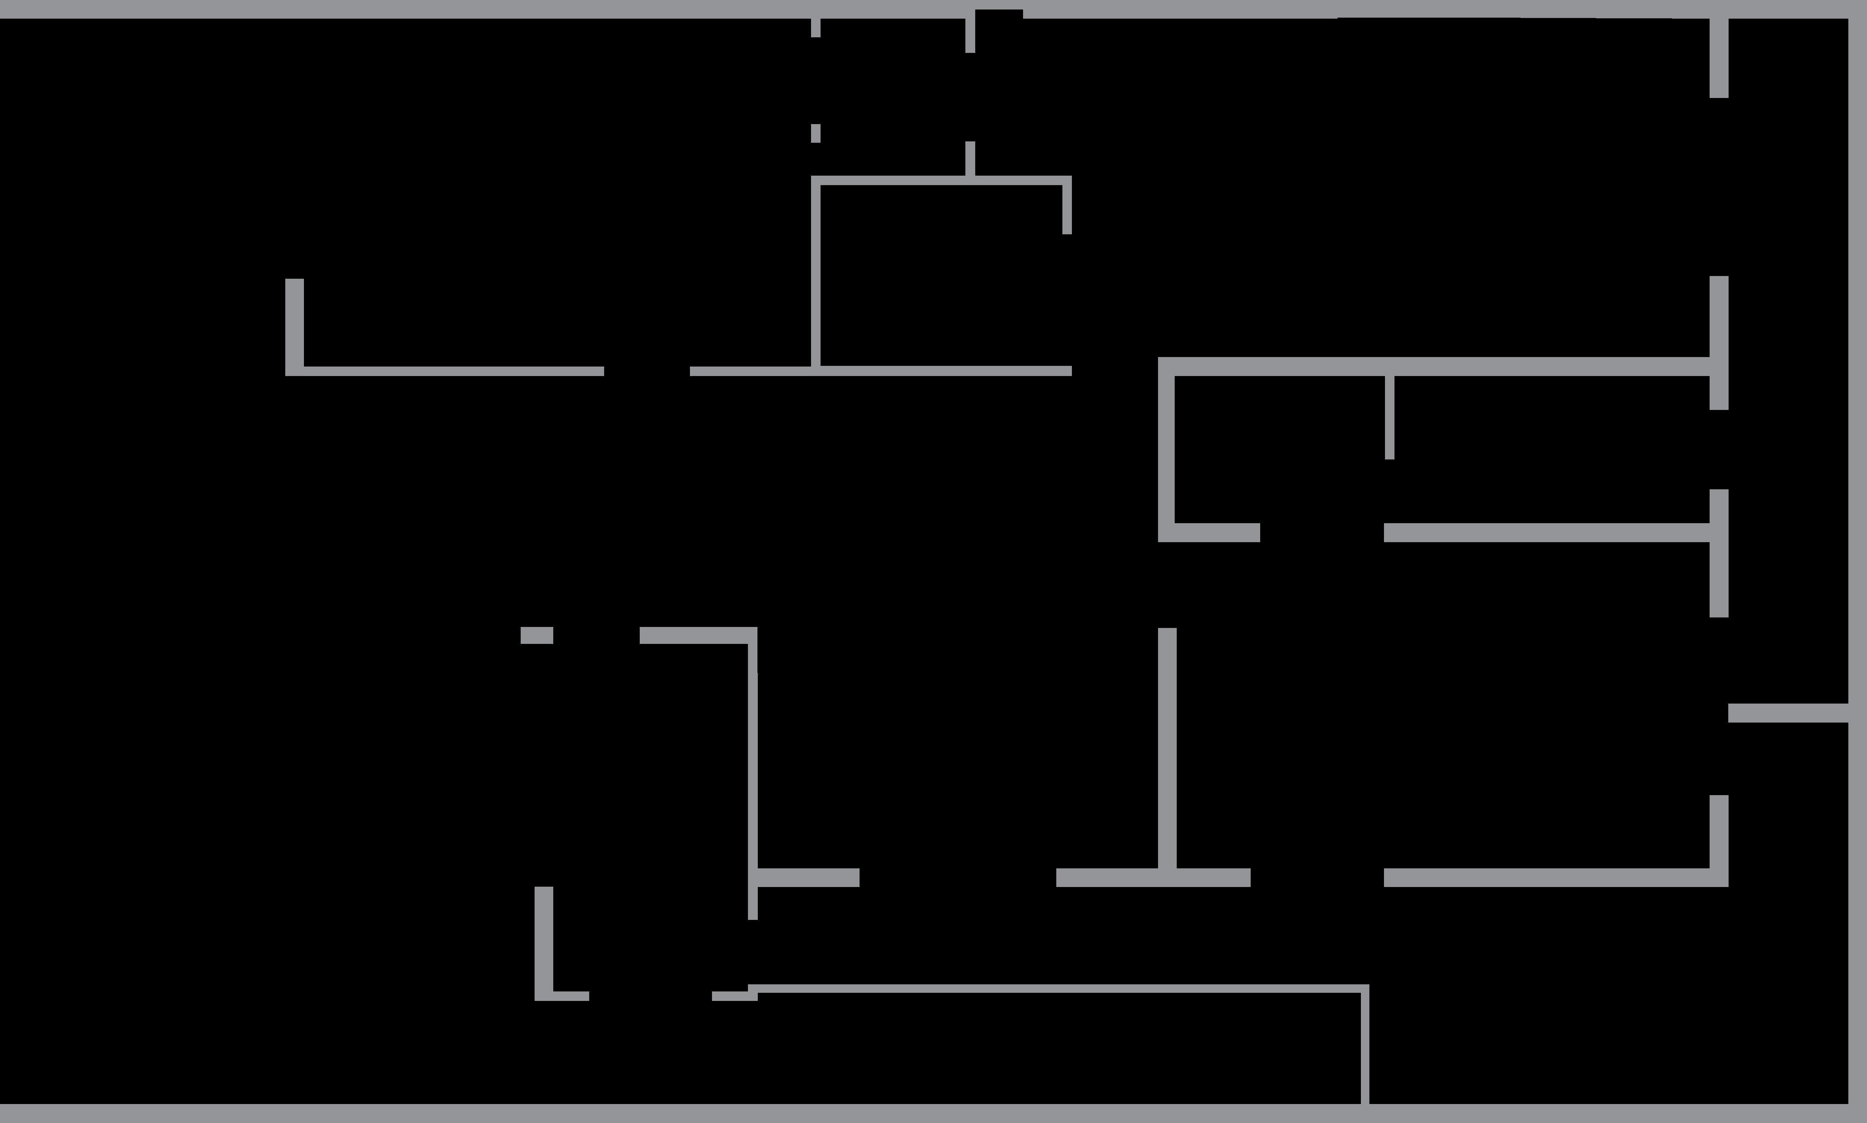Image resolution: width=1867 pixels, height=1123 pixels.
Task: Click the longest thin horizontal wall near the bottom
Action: coord(1060,988)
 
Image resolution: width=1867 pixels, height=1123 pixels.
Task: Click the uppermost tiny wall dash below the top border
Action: coord(815,28)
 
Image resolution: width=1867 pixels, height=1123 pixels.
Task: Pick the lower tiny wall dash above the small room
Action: coord(815,133)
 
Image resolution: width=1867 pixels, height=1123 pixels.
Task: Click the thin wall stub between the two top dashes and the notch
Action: coord(970,34)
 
